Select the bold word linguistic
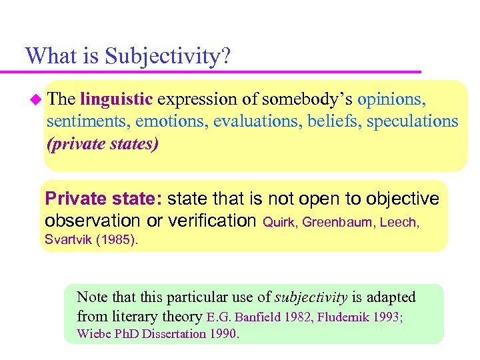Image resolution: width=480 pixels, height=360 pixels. pyautogui.click(x=117, y=99)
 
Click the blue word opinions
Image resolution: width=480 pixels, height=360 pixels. pyautogui.click(x=391, y=99)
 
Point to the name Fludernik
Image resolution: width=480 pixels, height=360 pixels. pyautogui.click(x=344, y=317)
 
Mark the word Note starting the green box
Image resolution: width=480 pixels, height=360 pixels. pyautogui.click(x=91, y=297)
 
